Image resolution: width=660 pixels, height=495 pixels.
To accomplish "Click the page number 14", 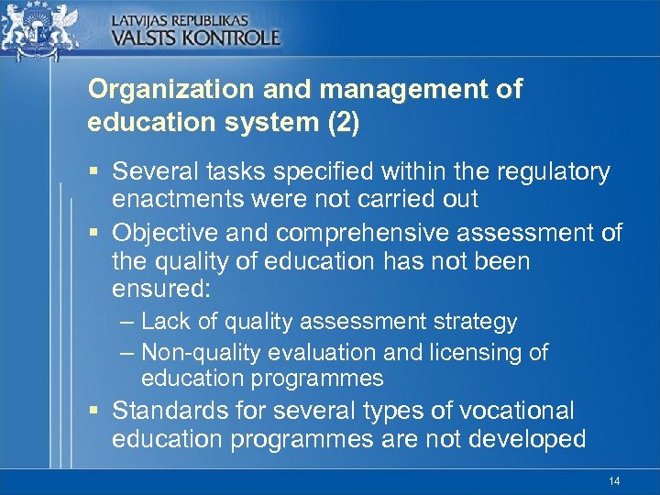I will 613,481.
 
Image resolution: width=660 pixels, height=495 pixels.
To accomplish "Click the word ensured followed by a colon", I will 161,291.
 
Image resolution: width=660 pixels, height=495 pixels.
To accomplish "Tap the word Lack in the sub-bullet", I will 164,322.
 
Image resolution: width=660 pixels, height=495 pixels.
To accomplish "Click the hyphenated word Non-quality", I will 197,352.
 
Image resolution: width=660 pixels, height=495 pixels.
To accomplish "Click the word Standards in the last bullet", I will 170,410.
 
